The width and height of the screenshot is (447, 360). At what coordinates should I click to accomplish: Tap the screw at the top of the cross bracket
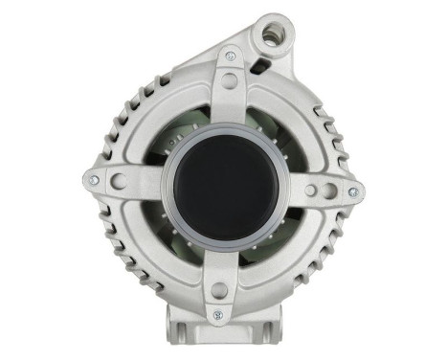[230, 56]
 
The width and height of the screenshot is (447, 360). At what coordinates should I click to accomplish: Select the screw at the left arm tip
[94, 179]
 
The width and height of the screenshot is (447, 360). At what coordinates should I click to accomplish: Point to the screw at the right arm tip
[352, 191]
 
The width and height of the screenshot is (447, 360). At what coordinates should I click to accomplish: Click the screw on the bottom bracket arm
[218, 313]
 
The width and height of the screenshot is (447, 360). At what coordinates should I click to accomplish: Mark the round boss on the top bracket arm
[229, 80]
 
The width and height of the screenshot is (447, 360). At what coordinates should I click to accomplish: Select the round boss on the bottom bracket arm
[220, 288]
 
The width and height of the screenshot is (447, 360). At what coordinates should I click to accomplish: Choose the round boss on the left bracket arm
[118, 181]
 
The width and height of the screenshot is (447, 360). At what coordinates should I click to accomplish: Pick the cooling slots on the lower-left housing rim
[120, 249]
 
